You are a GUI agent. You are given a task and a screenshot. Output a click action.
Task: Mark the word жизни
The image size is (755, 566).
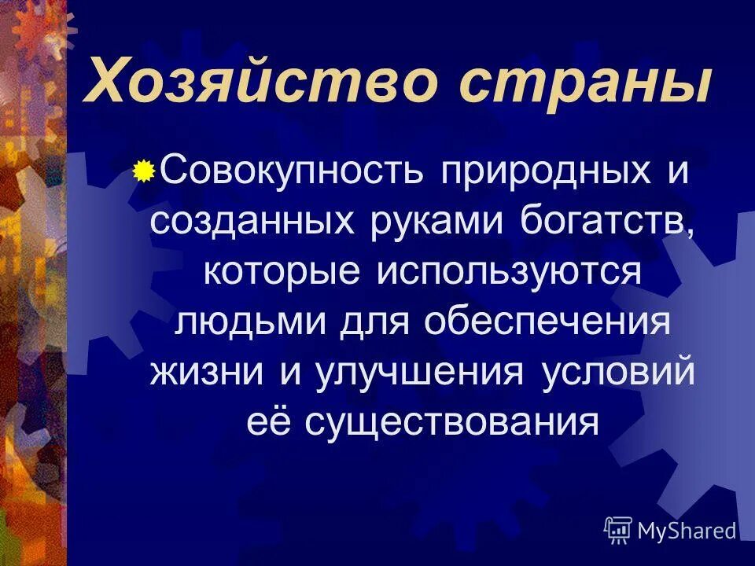tap(208, 371)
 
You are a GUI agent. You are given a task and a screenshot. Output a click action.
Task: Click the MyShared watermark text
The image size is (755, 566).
tap(687, 531)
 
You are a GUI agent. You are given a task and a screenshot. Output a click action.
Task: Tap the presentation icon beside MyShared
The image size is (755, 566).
tap(618, 531)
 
